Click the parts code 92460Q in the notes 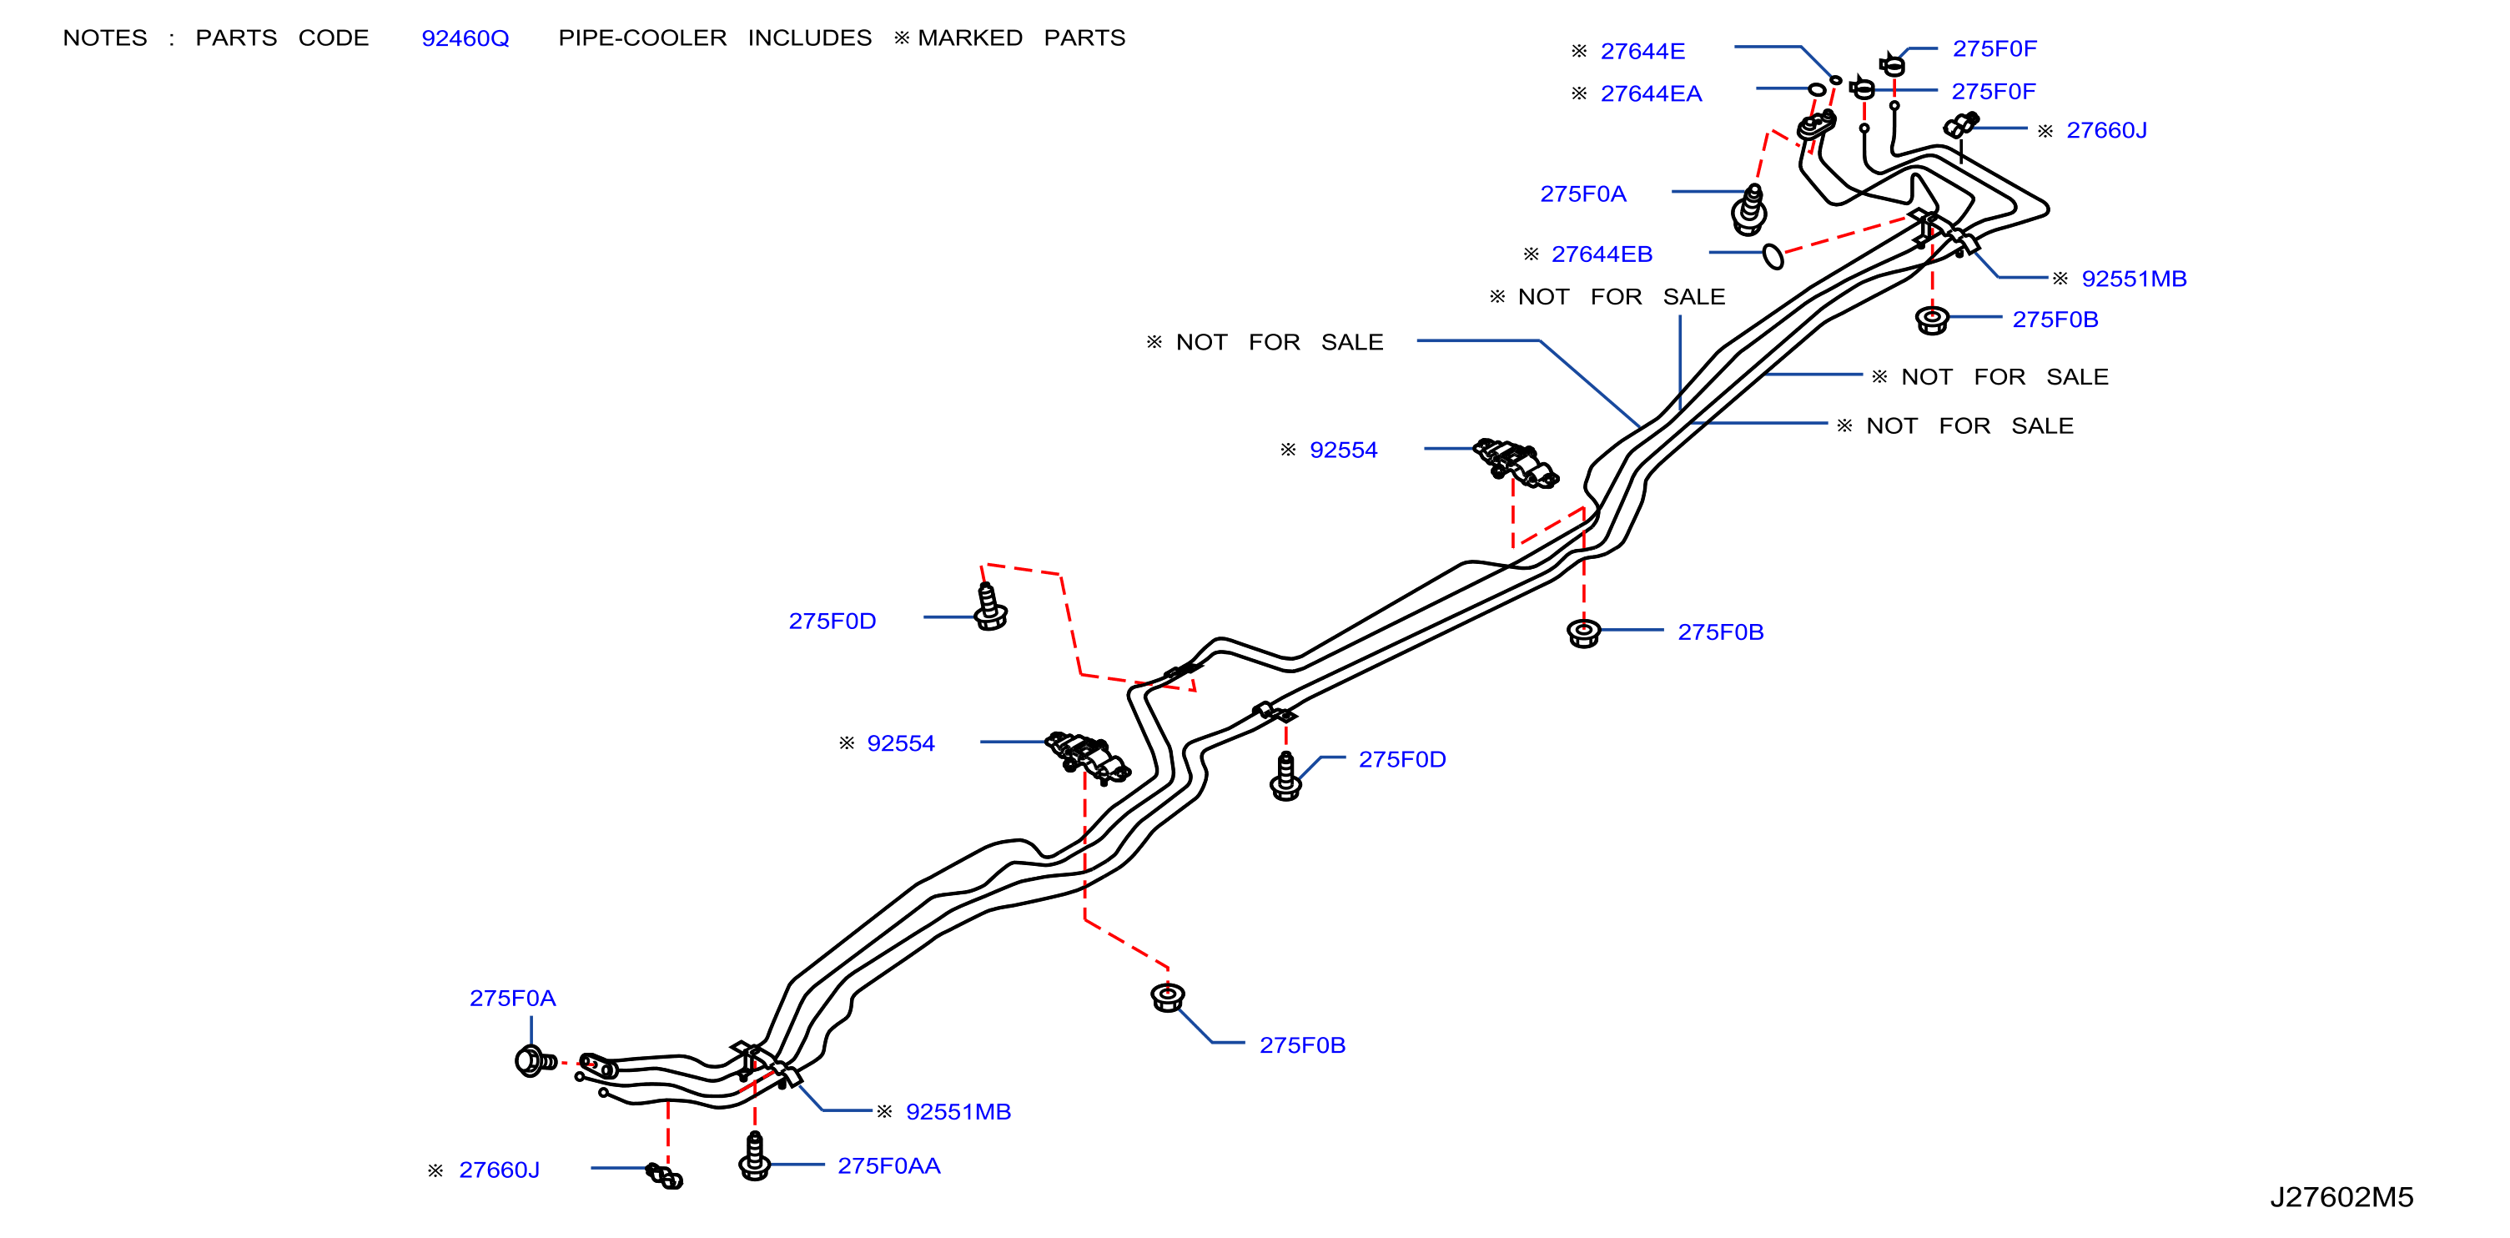tap(465, 38)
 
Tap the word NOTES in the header tap(105, 38)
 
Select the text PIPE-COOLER tap(642, 38)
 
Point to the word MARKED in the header tap(969, 38)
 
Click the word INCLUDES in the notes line tap(810, 38)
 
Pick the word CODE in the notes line tap(333, 38)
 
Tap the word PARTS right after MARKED tap(1084, 38)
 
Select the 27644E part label tap(1642, 51)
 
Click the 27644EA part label tap(1651, 93)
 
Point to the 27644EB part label tap(1602, 254)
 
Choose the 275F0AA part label tap(888, 1166)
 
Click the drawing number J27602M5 tap(2341, 1197)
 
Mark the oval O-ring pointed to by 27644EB tap(1773, 256)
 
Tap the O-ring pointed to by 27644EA tap(1816, 90)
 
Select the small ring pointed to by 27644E tap(1836, 81)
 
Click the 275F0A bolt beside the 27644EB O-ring tap(1750, 209)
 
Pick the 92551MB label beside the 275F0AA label tap(958, 1111)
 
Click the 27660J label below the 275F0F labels tap(2105, 131)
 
